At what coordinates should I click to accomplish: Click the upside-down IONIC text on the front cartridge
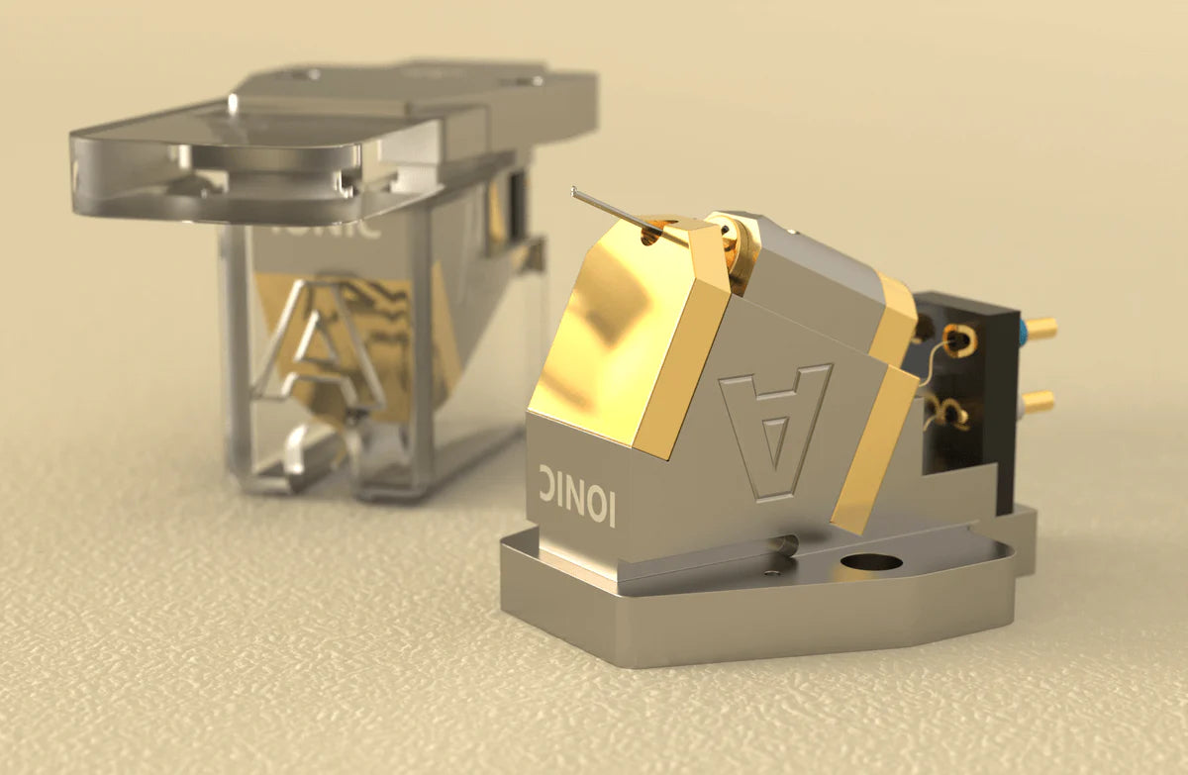click(578, 492)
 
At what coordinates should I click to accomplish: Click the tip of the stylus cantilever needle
click(574, 191)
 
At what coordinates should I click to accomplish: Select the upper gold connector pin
click(1039, 328)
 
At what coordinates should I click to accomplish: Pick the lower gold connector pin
click(1038, 401)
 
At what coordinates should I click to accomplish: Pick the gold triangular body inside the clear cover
click(396, 317)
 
